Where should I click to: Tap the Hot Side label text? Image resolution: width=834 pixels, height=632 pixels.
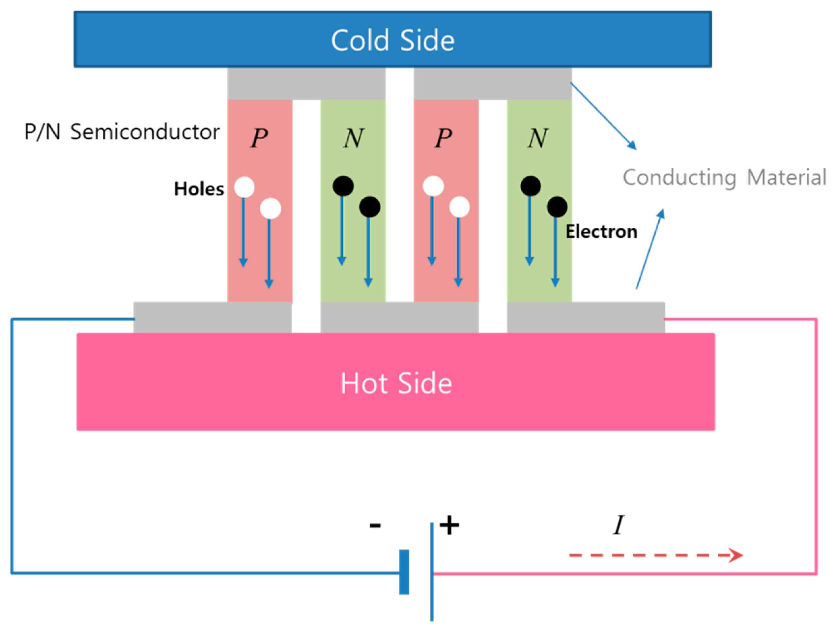coord(396,383)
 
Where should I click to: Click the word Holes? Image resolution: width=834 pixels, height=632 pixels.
coord(199,188)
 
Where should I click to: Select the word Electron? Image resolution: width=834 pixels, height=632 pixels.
coord(601,231)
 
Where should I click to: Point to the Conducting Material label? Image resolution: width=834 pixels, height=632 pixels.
coord(724,177)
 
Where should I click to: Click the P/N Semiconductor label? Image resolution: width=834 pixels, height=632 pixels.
coord(122,132)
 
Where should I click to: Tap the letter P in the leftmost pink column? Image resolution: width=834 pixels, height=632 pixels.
coord(259,138)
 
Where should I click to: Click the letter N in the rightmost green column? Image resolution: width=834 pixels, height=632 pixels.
coord(538,138)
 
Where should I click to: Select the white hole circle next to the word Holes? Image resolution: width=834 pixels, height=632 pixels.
coord(244,187)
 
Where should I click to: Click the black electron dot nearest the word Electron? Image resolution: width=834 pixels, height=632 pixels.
coord(557,207)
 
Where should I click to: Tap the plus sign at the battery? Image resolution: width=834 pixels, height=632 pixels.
coord(449,525)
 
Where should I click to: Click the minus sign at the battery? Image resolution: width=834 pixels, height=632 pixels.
coord(375,525)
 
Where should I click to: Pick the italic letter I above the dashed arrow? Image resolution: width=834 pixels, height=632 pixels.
coord(619,525)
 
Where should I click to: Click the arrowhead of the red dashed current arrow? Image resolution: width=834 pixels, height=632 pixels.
coord(735,555)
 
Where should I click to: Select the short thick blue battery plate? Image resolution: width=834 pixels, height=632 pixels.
coord(404,572)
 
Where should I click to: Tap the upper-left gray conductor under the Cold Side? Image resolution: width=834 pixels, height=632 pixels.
coord(306,84)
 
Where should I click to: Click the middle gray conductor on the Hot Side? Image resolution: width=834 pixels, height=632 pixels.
coord(399,318)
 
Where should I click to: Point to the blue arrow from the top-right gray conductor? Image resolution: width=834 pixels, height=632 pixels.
coord(603,116)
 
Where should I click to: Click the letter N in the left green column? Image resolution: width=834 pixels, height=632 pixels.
coord(353,138)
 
